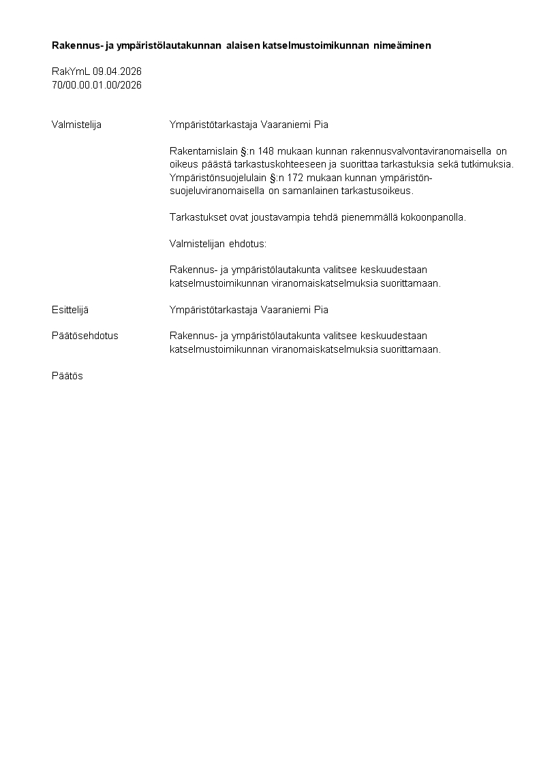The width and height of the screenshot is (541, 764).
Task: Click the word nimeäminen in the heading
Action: pyautogui.click(x=403, y=46)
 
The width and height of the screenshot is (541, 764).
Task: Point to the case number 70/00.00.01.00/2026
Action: pyautogui.click(x=97, y=85)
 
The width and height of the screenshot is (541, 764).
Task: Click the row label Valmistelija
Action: pyautogui.click(x=76, y=125)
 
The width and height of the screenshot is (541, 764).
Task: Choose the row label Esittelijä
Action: pyautogui.click(x=70, y=310)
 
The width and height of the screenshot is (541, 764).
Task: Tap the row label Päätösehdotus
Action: pyautogui.click(x=85, y=336)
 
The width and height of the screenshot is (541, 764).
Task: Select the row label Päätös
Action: pyautogui.click(x=67, y=376)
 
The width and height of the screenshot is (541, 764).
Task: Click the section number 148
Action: pyautogui.click(x=266, y=151)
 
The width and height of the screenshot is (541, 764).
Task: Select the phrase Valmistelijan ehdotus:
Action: pyautogui.click(x=218, y=243)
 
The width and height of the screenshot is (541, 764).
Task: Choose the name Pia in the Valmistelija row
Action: pyautogui.click(x=321, y=125)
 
